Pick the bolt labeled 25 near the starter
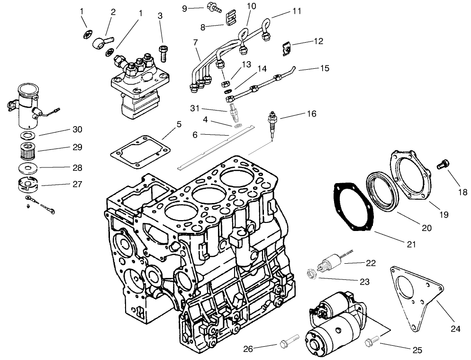(372, 340)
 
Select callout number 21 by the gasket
(411, 244)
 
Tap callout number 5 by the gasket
(178, 125)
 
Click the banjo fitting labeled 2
(100, 39)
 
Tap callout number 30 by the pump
(77, 129)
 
